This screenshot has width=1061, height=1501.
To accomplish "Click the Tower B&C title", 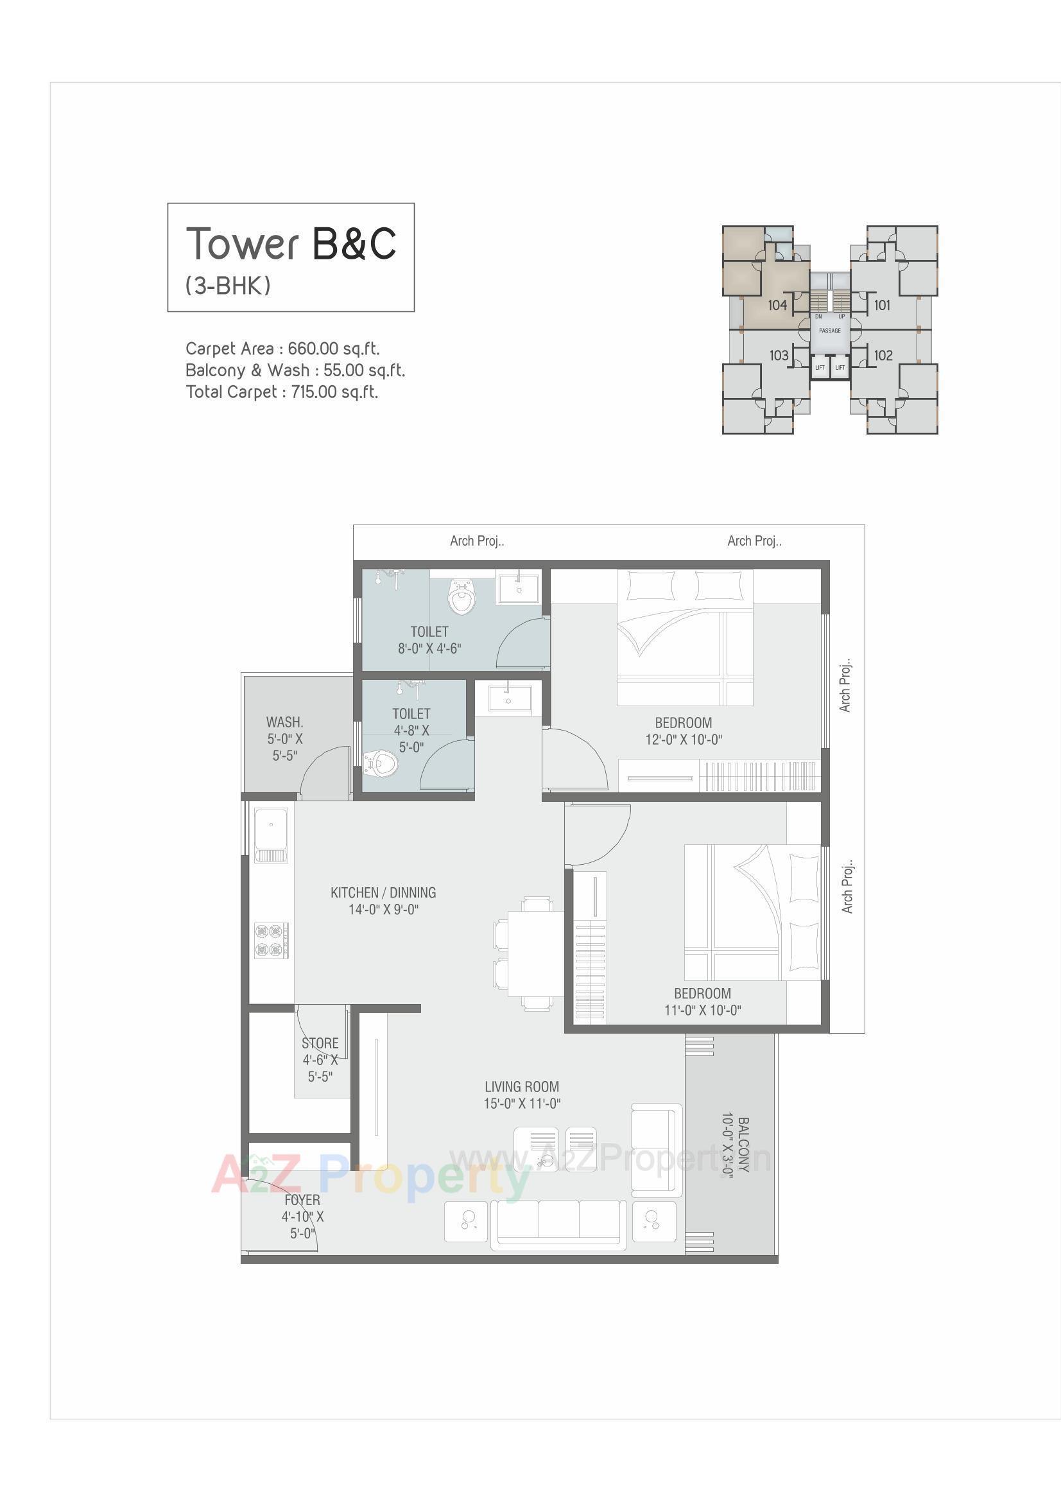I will coord(291,243).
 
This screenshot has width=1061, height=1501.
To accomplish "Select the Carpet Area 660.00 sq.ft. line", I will coord(282,349).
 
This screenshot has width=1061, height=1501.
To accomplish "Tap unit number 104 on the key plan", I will coord(777,305).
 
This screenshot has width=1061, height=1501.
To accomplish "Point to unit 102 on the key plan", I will coord(883,355).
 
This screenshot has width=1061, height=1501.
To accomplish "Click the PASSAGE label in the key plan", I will coord(829,331).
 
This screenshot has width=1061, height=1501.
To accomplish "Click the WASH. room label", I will coord(284,722).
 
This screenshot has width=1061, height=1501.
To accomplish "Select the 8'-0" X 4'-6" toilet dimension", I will coord(429,648).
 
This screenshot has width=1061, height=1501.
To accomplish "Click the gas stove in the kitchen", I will coord(272,941).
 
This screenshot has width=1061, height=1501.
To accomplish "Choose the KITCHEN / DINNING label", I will coord(383,892).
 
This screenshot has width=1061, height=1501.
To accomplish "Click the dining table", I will coord(535,954).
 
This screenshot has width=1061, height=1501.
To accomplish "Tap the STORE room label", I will coord(320,1043).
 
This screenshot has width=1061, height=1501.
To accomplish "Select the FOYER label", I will coord(302,1201).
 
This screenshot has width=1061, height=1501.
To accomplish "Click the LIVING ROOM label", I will coord(522,1086).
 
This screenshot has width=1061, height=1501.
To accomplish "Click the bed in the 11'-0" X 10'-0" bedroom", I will coord(752,912).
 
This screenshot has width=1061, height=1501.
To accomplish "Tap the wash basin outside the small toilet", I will coord(508,698).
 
